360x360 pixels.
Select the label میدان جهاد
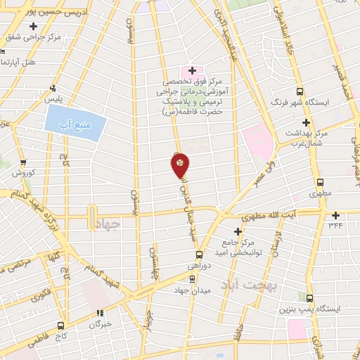pyautogui.click(x=192, y=289)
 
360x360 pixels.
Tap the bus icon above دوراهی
pyautogui.click(x=199, y=255)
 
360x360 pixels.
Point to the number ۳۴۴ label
pyautogui.click(x=335, y=226)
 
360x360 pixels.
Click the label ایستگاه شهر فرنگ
pyautogui.click(x=300, y=103)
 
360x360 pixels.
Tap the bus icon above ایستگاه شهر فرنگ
pyautogui.click(x=300, y=91)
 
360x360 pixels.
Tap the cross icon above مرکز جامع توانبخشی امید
pyautogui.click(x=238, y=231)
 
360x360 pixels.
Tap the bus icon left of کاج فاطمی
pyautogui.click(x=60, y=326)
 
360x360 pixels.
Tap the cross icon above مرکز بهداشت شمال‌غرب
pyautogui.click(x=306, y=122)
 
